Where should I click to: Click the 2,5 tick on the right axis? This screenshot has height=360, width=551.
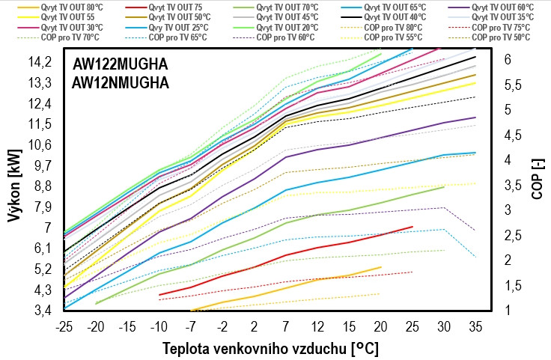pyautogui.click(x=512, y=235)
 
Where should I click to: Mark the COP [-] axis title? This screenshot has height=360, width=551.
pyautogui.click(x=537, y=183)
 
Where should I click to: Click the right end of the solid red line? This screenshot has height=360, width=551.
pyautogui.click(x=413, y=226)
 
